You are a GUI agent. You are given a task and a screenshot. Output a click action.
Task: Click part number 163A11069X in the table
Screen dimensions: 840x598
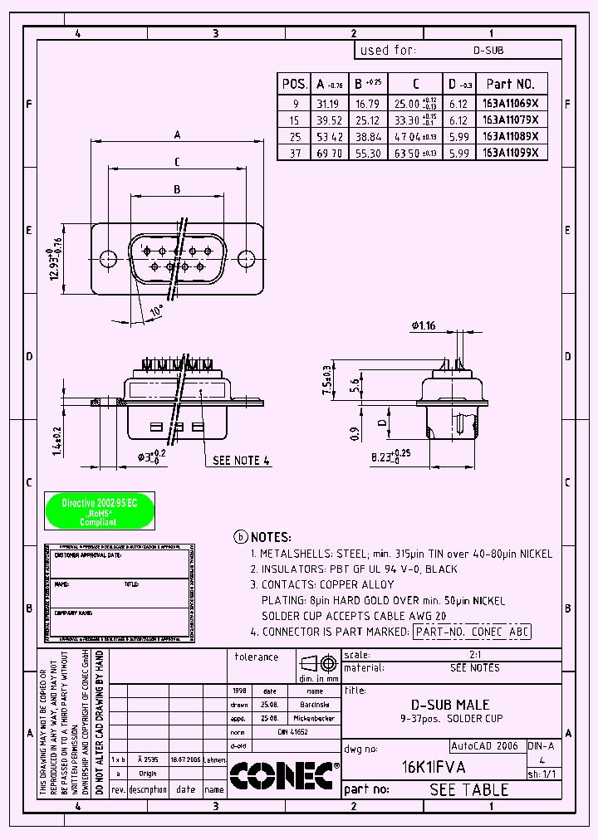coord(511,104)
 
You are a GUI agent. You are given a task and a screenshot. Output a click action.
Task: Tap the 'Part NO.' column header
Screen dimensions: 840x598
coord(511,84)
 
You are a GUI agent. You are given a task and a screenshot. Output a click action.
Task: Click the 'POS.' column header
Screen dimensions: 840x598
coord(294,84)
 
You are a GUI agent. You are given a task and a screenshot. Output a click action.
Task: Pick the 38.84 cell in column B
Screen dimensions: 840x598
coord(367,136)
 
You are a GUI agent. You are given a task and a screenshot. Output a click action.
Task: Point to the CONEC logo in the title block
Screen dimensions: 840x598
coord(282,775)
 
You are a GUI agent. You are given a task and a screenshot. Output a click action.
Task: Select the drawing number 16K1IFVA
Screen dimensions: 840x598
coord(434,767)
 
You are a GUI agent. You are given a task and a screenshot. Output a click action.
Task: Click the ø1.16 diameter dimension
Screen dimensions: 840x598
coord(423,325)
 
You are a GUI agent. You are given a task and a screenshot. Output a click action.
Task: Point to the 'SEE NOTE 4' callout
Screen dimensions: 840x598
coord(241,460)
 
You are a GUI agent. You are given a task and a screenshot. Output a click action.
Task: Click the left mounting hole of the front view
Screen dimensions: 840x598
coord(107,258)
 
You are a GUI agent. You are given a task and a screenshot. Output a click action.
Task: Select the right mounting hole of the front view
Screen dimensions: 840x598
coord(247,258)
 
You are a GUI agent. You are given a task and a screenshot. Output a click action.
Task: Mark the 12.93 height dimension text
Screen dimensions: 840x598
coord(55,265)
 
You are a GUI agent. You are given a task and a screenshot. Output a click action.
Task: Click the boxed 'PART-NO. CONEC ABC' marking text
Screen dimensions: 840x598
coord(471,632)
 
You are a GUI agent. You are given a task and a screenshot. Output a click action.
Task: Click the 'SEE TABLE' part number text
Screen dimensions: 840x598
coord(468,789)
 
